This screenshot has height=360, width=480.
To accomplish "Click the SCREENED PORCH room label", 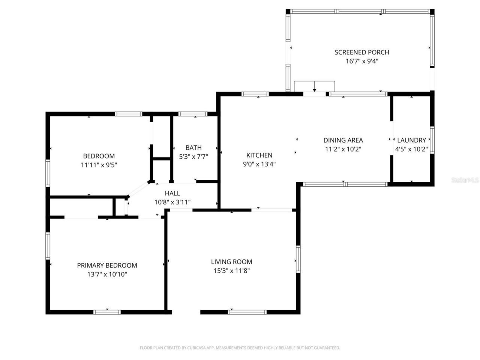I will (x=361, y=52).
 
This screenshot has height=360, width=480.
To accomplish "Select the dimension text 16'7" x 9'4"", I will (x=361, y=61).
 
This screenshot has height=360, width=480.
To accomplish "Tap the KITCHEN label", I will (x=259, y=155).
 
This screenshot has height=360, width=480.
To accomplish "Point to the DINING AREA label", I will (x=343, y=140).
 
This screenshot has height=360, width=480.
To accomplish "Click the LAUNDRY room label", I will (x=411, y=140).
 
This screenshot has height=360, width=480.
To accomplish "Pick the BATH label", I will (x=193, y=147).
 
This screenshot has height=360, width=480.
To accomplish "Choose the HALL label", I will (x=172, y=193).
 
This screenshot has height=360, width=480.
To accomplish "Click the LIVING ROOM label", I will (x=231, y=262).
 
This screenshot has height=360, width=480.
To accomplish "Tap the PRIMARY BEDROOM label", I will (x=107, y=265).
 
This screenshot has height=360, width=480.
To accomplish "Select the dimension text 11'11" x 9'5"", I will (x=99, y=165).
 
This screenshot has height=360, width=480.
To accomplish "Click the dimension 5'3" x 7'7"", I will (x=193, y=156).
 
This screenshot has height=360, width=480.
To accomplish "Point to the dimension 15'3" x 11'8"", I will (x=231, y=271).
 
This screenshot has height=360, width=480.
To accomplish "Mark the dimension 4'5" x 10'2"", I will (x=411, y=149).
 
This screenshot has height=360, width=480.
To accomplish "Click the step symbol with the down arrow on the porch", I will (x=314, y=86).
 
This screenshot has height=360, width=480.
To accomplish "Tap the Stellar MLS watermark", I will (x=465, y=180).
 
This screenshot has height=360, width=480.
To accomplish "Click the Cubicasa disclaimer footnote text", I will (x=240, y=348).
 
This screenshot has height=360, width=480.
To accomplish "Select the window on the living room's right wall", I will (x=298, y=259).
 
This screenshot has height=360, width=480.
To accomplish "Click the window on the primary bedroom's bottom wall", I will (x=107, y=312).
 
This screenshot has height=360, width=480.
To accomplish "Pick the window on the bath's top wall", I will (x=193, y=114).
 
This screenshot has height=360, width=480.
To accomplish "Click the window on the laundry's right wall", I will (x=432, y=140).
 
